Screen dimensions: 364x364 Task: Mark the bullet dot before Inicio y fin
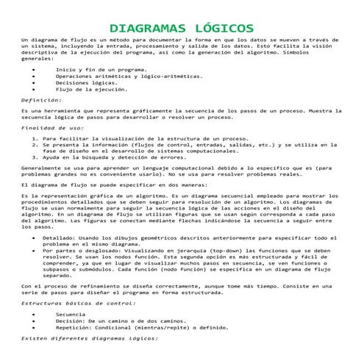(x=36, y=68)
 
